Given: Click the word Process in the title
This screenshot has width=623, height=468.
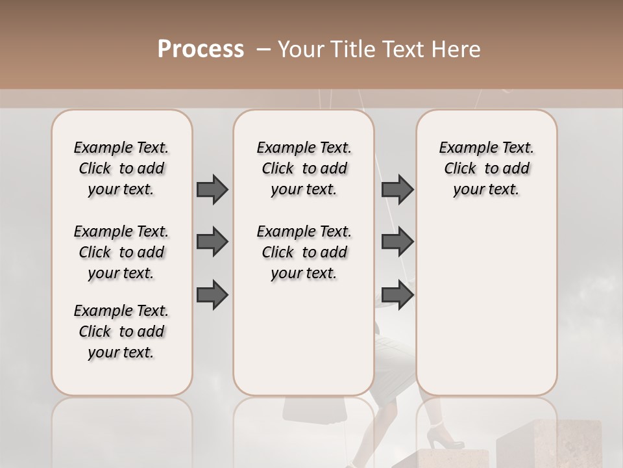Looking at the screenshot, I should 201,49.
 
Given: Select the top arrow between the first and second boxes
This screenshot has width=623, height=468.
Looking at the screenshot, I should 212,189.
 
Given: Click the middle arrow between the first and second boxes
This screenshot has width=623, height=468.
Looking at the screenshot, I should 212,242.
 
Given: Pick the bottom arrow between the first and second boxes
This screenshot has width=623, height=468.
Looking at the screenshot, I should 212,294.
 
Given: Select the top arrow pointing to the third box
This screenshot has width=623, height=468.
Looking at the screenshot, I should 398,189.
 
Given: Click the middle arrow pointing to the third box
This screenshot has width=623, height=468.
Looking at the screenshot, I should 398,242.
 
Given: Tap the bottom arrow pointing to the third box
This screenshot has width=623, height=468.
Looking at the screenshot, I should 398,294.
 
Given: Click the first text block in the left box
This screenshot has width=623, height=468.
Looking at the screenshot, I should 121,168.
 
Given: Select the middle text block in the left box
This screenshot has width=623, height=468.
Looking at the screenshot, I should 121,252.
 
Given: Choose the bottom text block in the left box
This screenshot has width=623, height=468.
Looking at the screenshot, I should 121,331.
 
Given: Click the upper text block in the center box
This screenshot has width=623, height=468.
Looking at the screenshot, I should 304,168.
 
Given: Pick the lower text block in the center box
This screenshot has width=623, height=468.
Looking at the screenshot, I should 304,252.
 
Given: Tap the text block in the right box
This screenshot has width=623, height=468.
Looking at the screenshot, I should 486,168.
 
